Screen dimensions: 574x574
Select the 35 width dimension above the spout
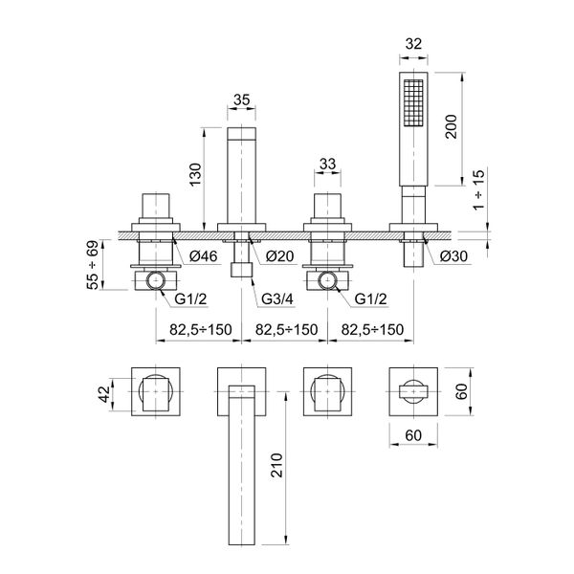241,98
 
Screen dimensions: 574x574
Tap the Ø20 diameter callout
278,256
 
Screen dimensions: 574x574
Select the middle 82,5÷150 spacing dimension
283,330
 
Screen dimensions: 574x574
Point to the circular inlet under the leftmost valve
157,280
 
